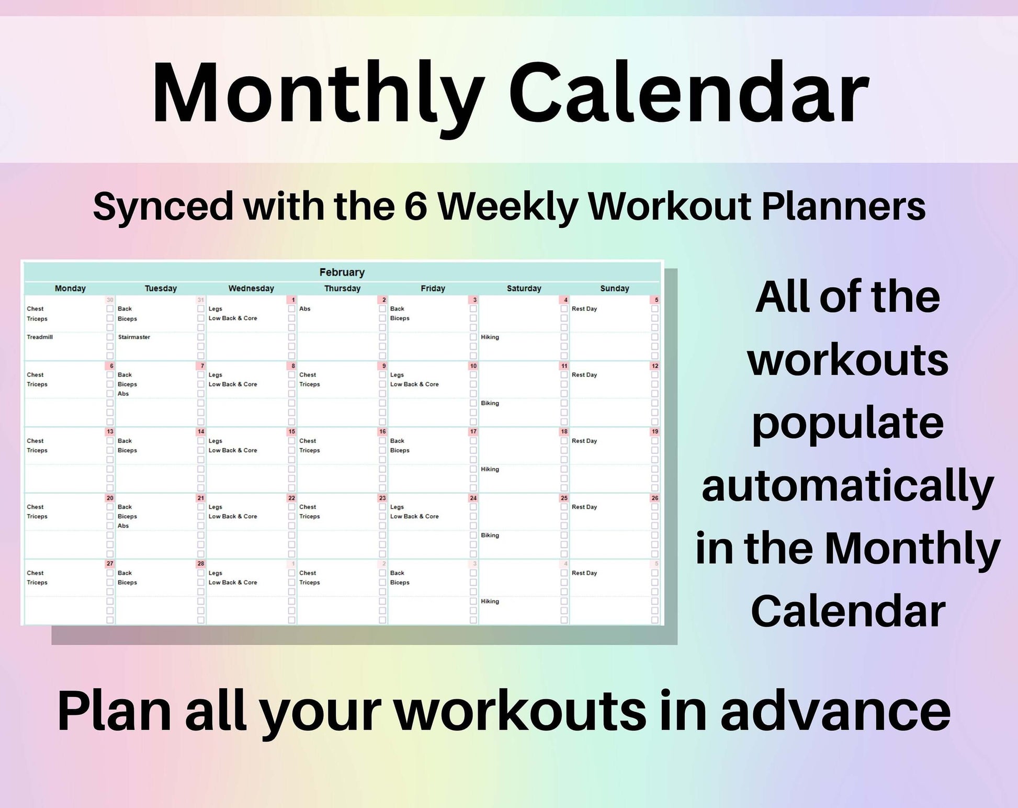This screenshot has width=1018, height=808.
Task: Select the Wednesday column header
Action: pos(251,289)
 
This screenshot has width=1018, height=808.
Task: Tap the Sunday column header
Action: pos(615,289)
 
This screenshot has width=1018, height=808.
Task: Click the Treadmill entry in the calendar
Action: pos(40,337)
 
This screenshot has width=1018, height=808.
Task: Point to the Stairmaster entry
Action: pos(134,337)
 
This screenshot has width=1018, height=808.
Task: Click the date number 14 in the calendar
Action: pos(201,432)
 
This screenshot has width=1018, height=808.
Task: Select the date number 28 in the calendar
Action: pos(201,564)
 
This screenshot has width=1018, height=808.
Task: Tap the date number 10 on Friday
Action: pos(473,366)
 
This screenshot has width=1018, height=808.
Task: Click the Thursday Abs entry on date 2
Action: pos(305,309)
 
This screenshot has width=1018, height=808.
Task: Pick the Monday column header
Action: pos(70,289)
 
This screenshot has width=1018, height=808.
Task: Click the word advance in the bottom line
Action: pos(835,711)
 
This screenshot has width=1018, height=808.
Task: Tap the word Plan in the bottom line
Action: pos(115,711)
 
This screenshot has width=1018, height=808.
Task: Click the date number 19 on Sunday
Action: pos(655,432)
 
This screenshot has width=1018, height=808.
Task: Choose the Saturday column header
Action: pos(524,289)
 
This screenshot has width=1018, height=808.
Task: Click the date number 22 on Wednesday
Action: pos(292,498)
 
